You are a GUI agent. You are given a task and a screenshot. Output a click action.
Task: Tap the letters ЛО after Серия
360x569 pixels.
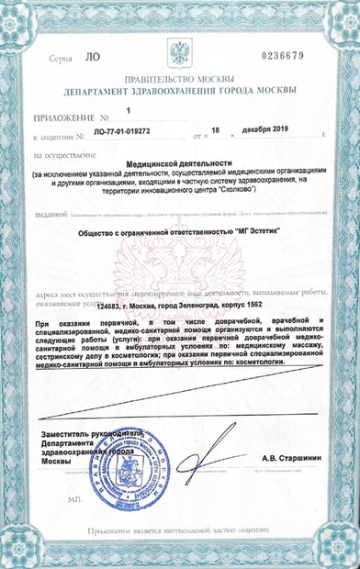(92, 58)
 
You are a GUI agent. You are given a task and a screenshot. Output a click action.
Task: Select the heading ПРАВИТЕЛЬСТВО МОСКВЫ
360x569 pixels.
(180, 81)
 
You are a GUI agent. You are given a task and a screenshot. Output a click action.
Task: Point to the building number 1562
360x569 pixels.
(266, 293)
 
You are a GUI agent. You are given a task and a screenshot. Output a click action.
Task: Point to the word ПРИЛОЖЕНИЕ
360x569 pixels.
(64, 117)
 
